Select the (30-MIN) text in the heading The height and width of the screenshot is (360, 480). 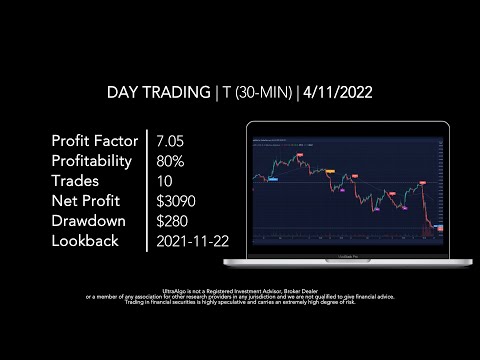[x=262, y=93]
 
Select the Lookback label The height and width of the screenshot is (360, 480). [x=85, y=241]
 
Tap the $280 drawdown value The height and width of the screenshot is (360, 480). [x=172, y=221]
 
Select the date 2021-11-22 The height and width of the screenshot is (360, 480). [x=191, y=241]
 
